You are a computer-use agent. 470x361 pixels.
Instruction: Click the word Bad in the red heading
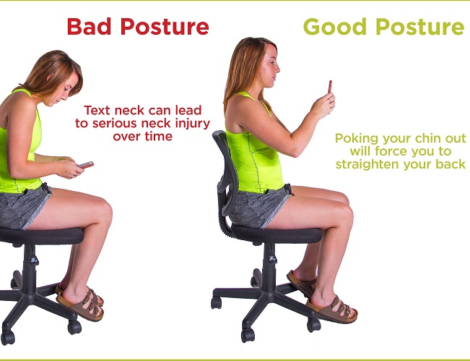pos(89,27)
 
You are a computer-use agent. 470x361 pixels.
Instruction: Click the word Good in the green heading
pos(335,27)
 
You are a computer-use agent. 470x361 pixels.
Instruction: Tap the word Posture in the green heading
pos(420,27)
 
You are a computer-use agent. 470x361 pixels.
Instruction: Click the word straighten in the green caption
pos(367,165)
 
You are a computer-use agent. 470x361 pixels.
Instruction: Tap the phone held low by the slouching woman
pos(86,164)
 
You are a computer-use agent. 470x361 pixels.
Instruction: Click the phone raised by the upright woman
pos(330,87)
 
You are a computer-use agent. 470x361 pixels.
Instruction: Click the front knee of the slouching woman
pos(103,211)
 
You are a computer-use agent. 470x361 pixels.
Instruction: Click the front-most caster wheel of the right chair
pos(248,335)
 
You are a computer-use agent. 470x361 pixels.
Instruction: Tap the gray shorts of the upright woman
pos(258,207)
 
